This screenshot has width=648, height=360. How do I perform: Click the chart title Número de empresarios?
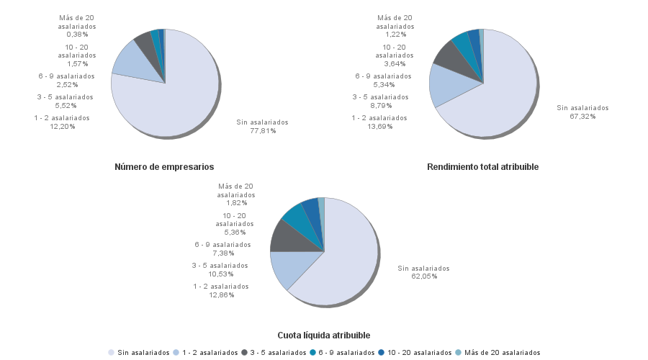click(164, 167)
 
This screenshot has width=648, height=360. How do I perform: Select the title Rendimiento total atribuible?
click(482, 167)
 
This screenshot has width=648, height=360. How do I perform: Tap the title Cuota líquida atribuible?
click(324, 336)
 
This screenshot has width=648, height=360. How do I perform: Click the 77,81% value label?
click(263, 131)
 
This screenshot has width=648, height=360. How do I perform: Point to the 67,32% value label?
click(582, 117)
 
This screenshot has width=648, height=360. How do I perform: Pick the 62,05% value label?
click(423, 276)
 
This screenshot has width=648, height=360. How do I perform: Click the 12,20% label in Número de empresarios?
click(62, 127)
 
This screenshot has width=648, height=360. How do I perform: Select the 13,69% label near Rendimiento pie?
click(379, 127)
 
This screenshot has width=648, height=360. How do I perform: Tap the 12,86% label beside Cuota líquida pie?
click(221, 295)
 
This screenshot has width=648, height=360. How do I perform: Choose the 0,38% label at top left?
click(77, 34)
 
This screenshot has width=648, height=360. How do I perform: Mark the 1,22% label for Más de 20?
click(395, 34)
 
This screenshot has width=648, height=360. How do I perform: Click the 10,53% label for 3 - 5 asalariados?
click(220, 274)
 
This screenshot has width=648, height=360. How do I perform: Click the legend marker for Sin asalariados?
click(111, 353)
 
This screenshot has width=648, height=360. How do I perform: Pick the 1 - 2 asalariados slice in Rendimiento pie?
click(442, 85)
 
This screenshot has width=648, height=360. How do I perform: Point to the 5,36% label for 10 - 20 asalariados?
click(235, 233)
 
